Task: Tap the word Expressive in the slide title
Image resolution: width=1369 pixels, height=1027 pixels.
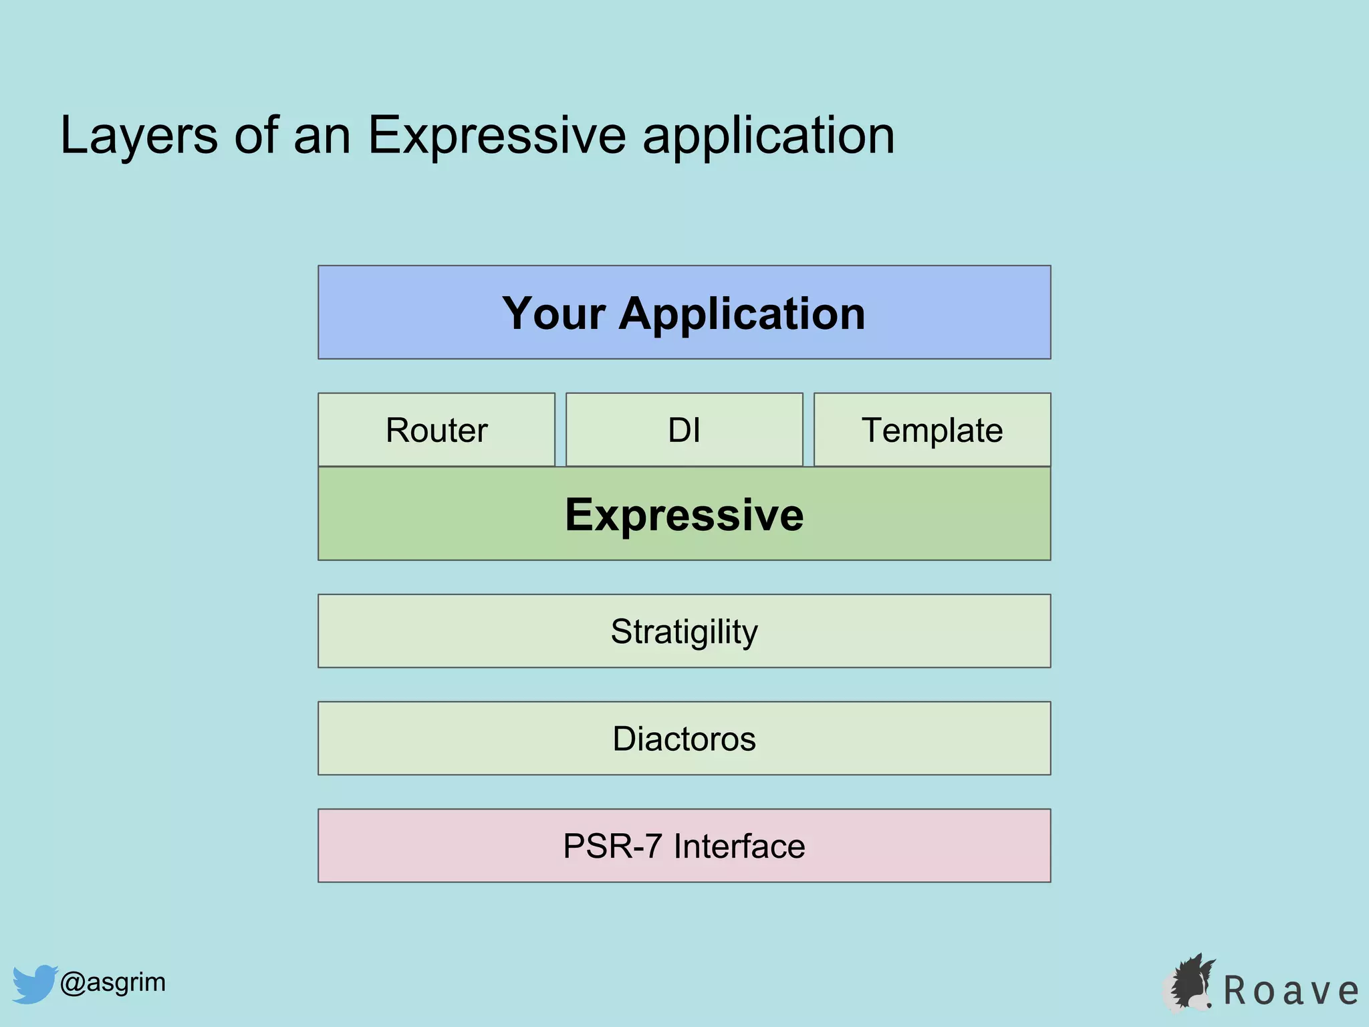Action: [497, 136]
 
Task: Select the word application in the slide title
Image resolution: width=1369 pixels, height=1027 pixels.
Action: [768, 136]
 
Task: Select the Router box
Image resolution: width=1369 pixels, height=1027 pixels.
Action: [437, 429]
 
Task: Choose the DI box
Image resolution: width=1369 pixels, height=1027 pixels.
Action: [684, 429]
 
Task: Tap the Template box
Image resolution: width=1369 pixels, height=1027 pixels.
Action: [932, 429]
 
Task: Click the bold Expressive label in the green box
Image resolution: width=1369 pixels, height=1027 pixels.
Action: [684, 515]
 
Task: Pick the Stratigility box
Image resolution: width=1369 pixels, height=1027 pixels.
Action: [684, 631]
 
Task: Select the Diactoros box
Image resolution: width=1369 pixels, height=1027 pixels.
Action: [684, 738]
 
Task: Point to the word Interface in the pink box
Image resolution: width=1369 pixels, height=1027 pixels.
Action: [739, 846]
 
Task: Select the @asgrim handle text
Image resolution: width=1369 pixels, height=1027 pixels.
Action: [112, 982]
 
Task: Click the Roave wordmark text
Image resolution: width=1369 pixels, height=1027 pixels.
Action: [1290, 991]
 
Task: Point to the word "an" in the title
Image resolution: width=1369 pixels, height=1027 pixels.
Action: [322, 136]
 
